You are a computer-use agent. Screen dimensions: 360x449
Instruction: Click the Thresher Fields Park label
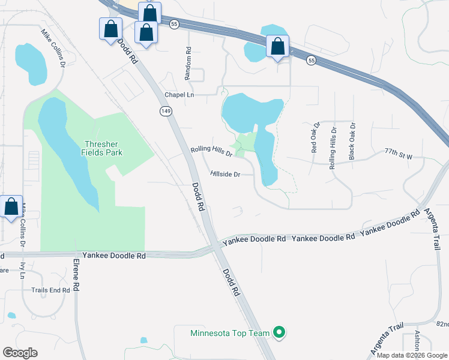point(102,148)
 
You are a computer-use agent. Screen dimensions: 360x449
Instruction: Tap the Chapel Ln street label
point(179,95)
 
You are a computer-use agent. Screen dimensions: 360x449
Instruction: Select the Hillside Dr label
point(226,174)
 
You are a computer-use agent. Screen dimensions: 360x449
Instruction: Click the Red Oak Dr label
point(314,139)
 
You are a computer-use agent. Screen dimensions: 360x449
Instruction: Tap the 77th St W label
point(399,155)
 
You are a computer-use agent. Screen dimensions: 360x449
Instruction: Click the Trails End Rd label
point(51,290)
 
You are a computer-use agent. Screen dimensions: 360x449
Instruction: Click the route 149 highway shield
point(166,111)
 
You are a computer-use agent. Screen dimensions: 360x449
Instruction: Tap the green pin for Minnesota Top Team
point(279,331)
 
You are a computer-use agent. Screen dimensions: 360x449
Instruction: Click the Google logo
point(20,352)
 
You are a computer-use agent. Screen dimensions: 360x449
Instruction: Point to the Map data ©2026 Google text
point(412,355)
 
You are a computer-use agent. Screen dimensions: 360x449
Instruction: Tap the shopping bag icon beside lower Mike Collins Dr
point(11,208)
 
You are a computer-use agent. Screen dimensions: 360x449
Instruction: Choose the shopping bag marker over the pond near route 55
point(277,47)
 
